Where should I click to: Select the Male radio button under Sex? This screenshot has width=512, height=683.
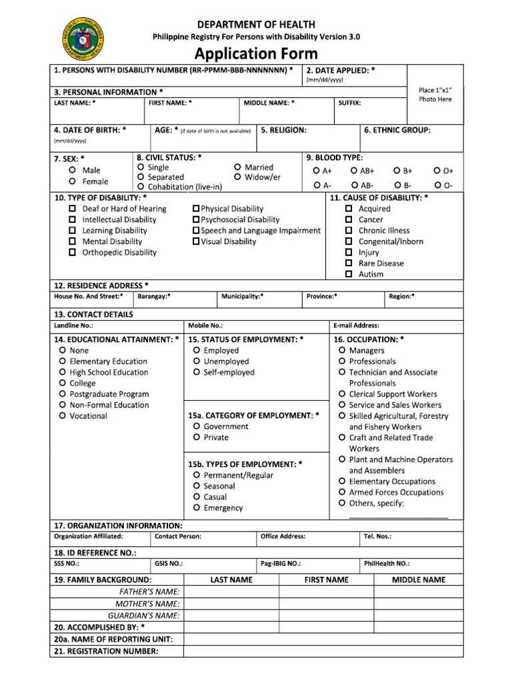72,171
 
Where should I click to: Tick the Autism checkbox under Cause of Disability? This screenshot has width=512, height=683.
349,274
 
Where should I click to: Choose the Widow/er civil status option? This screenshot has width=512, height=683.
238,177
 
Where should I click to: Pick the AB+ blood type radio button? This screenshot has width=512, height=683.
354,171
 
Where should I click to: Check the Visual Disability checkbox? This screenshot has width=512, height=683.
196,241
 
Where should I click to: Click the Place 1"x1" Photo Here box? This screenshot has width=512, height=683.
435,95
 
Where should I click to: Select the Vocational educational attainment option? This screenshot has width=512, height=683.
62,416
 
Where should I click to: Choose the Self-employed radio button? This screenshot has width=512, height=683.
197,373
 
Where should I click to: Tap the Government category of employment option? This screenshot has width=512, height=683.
197,427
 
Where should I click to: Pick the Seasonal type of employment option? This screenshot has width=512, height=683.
197,486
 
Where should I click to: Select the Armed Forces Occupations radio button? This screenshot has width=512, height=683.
342,492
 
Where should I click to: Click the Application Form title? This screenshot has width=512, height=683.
256,53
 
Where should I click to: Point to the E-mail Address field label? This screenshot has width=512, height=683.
357,326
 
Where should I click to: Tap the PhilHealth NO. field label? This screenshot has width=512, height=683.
387,564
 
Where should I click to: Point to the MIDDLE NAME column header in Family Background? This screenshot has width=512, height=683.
419,580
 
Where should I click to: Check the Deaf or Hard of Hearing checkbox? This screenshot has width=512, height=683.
72,209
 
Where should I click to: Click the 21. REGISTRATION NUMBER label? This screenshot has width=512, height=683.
105,651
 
